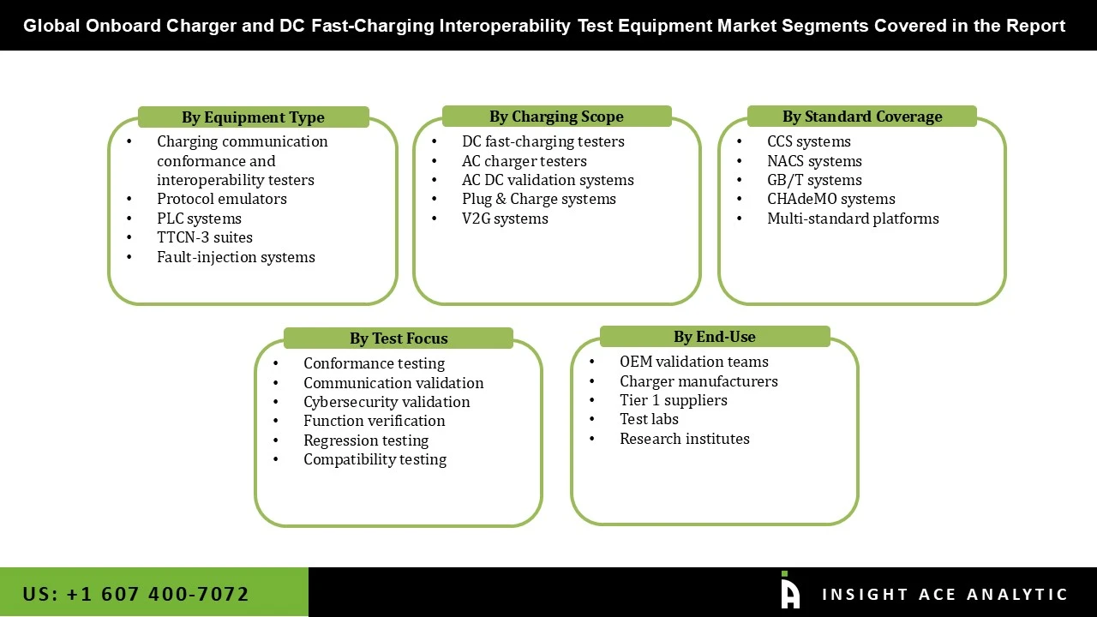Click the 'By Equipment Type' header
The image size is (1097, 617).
253,117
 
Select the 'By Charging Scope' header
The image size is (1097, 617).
556,117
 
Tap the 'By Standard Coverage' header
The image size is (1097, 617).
861,117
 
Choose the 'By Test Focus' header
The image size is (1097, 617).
398,338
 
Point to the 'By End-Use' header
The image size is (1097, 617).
714,337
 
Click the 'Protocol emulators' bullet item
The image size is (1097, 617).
221,199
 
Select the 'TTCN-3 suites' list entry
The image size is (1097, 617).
204,237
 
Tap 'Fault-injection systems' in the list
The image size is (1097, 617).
236,257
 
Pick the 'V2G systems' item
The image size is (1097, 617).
505,219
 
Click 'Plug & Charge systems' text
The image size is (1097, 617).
538,199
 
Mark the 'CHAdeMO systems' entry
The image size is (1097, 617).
830,199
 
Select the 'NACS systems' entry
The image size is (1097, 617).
814,161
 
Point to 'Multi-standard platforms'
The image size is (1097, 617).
853,219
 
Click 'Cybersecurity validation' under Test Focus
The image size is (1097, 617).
387,402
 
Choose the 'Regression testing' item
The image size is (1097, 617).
366,440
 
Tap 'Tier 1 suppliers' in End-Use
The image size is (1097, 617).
673,400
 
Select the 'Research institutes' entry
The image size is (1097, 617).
684,439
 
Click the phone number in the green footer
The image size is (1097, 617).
136,594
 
